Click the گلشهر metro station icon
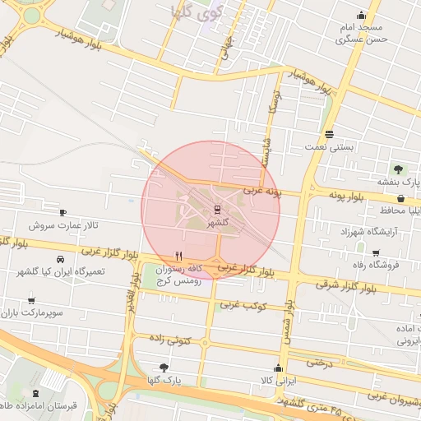tap(218, 209)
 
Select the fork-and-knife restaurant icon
tap(179, 256)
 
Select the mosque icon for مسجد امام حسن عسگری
tap(360, 16)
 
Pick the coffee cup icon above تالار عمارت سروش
tap(63, 212)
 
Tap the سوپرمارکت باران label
tap(30, 313)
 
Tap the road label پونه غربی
tap(261, 191)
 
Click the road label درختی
tap(322, 360)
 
